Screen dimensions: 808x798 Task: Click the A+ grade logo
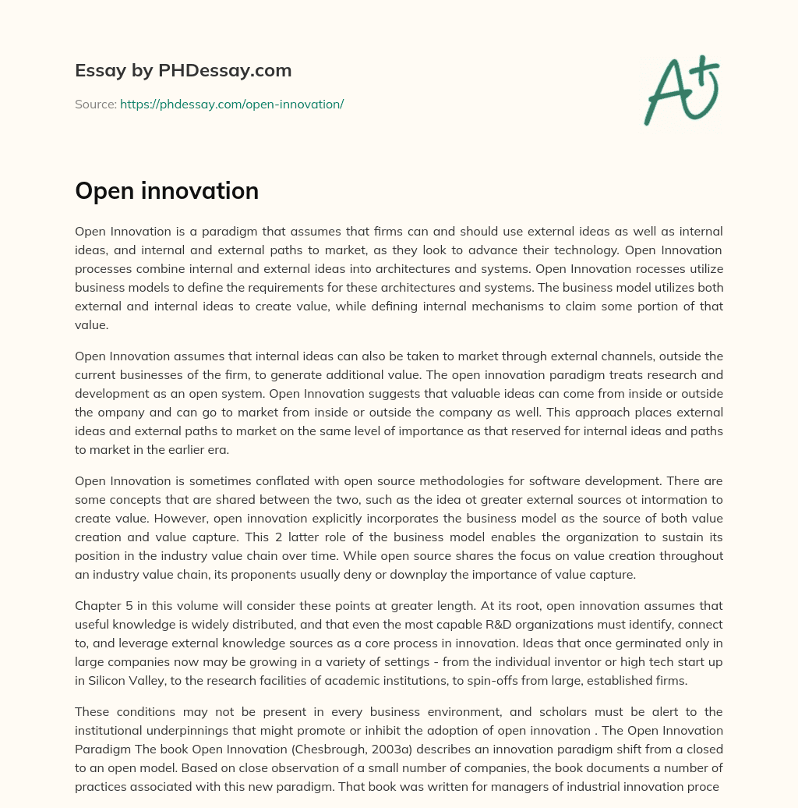(680, 90)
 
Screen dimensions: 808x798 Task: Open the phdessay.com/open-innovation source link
(231, 104)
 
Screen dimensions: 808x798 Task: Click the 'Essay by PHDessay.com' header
(183, 71)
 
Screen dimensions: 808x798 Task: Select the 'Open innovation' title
(167, 190)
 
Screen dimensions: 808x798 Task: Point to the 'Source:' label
(95, 104)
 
